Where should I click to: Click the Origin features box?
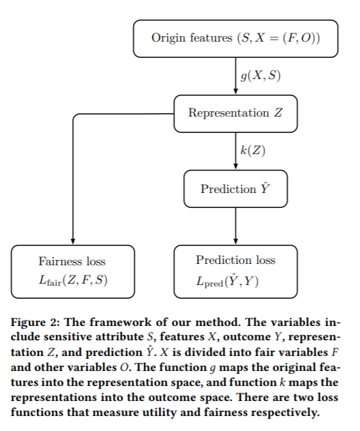pos(235,38)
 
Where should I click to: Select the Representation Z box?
pos(235,113)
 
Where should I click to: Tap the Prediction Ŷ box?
pos(235,189)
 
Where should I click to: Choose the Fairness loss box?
pos(73,271)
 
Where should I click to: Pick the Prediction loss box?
pos(235,271)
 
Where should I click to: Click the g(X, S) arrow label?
pos(260,76)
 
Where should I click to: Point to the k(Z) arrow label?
pos(253,150)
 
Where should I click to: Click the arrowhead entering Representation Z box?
pos(235,92)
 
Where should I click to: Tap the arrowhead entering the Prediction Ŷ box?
pos(235,166)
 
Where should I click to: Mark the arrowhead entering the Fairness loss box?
pos(73,241)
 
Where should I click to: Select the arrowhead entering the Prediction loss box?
pos(235,241)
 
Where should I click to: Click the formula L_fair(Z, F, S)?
pos(73,280)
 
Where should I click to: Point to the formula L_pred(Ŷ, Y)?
pos(227,281)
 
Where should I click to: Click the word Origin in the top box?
pos(168,38)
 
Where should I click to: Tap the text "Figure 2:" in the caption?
pos(35,323)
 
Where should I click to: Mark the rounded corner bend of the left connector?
pos(74,115)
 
